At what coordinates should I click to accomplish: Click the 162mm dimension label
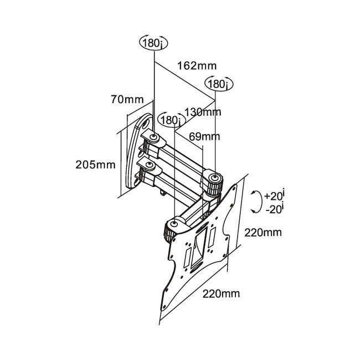coord(188,65)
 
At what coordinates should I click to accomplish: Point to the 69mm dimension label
coord(204,136)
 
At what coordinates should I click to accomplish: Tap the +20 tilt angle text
coord(275,195)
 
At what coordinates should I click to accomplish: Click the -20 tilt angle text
coord(274,209)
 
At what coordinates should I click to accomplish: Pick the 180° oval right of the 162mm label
coord(220,84)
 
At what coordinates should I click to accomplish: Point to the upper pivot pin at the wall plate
coord(154,136)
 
